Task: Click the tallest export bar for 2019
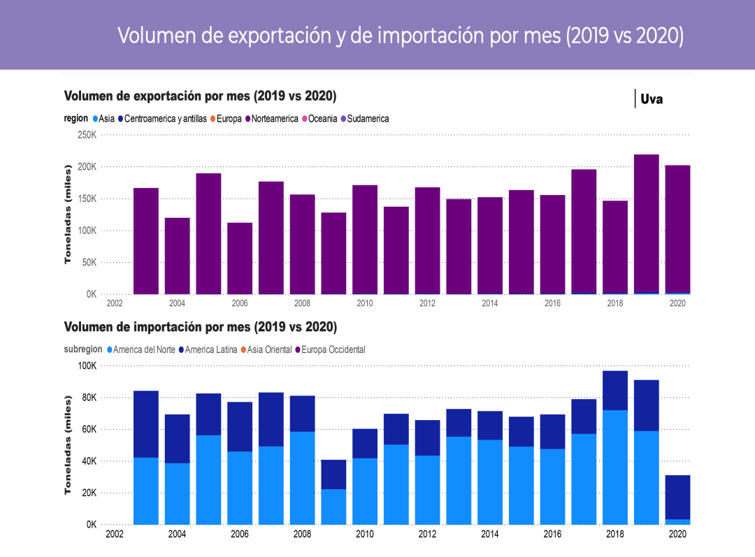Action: [x=646, y=224]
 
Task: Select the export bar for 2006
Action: [x=240, y=259]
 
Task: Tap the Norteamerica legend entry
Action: [x=274, y=119]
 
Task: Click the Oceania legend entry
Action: [x=322, y=119]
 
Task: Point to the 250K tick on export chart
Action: [x=87, y=135]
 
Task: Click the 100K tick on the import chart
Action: [x=87, y=366]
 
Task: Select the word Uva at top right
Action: [x=652, y=99]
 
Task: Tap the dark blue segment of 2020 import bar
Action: [x=677, y=497]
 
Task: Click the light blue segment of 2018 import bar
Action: [x=614, y=467]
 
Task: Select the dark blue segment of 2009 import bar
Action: [x=333, y=475]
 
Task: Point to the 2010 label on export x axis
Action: [x=365, y=303]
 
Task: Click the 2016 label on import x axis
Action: [x=552, y=534]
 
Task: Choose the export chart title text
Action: [x=200, y=96]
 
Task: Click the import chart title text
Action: [x=200, y=327]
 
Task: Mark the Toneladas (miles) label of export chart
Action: [x=68, y=215]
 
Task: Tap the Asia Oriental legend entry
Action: [x=269, y=349]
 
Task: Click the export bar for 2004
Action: [x=177, y=256]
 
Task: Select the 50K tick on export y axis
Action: [x=87, y=262]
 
